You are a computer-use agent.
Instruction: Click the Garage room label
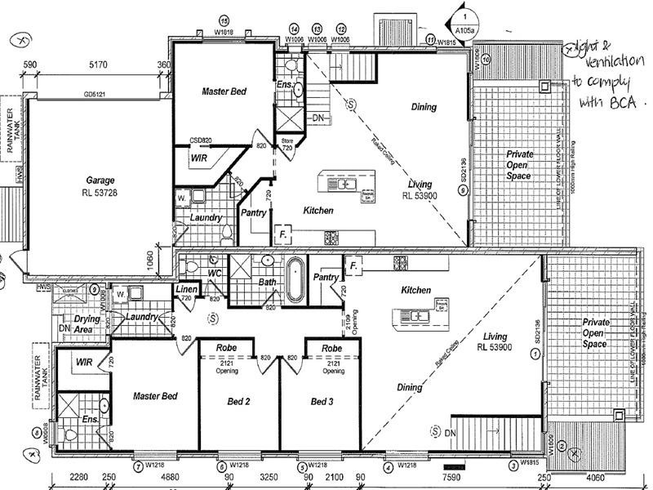coord(101,180)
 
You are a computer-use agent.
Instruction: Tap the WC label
coord(215,273)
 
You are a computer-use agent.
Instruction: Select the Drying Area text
coord(87,324)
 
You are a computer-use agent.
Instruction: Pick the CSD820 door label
coord(201,140)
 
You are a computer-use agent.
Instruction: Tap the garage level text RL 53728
coord(101,193)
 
